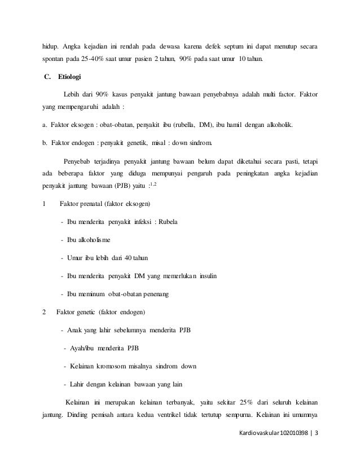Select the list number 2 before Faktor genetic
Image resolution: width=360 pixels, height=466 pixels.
pyautogui.click(x=45, y=312)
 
